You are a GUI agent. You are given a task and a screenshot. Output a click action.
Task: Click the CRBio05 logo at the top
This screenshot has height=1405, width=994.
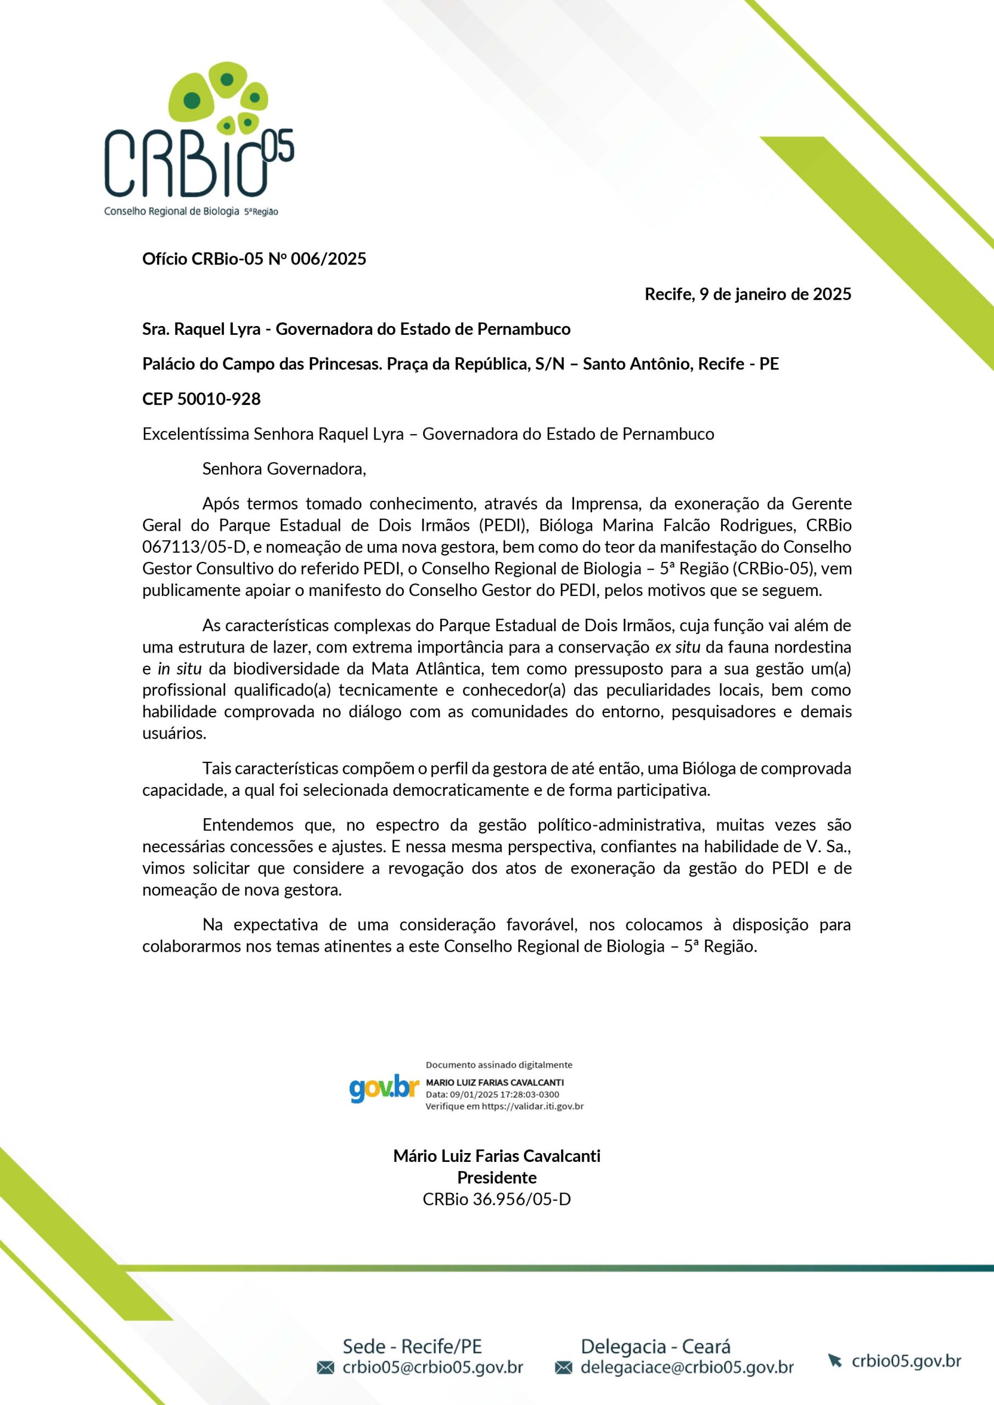(x=198, y=139)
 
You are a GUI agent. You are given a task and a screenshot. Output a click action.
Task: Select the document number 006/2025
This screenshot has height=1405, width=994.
(x=328, y=259)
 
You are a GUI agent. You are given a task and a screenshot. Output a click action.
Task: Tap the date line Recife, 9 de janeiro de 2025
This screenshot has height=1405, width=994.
(x=748, y=294)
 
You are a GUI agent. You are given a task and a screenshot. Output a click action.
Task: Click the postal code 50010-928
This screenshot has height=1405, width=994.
(x=218, y=399)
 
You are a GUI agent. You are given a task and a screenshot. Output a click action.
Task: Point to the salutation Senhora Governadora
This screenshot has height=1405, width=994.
(x=284, y=469)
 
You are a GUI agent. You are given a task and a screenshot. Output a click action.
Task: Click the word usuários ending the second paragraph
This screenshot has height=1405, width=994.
(x=174, y=733)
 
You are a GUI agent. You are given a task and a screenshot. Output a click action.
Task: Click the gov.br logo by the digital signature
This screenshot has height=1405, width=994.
(x=384, y=1089)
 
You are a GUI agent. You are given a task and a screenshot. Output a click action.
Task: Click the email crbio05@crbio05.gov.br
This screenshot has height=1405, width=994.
(x=432, y=1367)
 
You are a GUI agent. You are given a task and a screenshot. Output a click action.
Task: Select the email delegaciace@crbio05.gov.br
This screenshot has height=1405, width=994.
(x=687, y=1367)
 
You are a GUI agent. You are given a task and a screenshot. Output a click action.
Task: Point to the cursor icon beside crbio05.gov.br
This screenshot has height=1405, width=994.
(x=834, y=1361)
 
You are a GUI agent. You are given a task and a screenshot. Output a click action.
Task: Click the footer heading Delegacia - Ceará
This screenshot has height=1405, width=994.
(x=655, y=1346)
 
